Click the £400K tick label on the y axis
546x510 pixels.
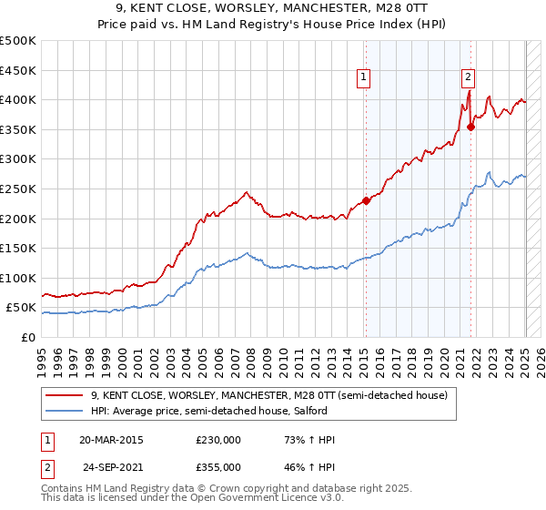coord(18,99)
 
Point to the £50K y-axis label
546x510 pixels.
coord(21,308)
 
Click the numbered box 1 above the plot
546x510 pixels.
coord(364,78)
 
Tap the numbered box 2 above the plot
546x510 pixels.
coord(468,78)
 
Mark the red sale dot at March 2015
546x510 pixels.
coord(366,200)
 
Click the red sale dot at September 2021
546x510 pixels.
coord(471,127)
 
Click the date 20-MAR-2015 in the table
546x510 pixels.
coord(111,440)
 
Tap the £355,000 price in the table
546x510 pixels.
coord(218,466)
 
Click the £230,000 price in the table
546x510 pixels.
coord(218,440)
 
